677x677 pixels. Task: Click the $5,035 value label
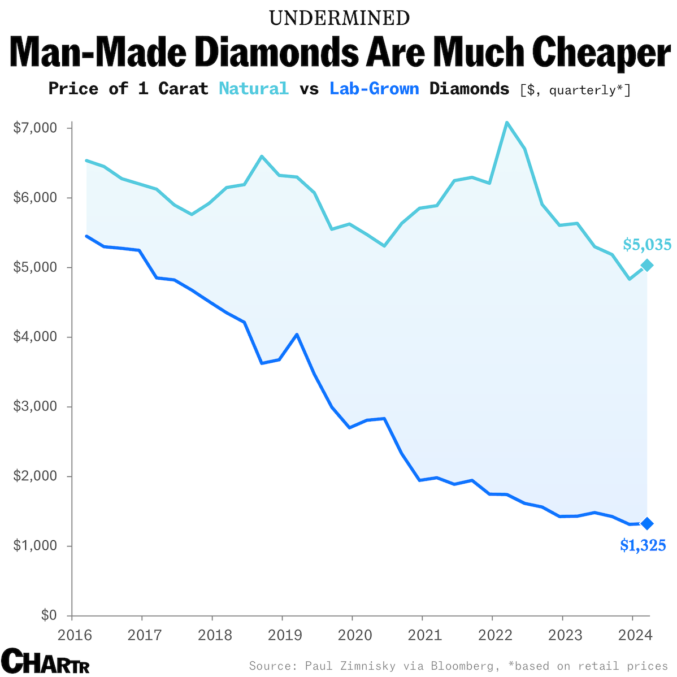pos(647,245)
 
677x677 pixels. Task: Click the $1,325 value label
pos(643,545)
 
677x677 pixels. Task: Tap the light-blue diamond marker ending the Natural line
pos(647,265)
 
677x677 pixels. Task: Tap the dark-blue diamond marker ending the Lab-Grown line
pos(647,523)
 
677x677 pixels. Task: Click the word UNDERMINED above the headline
pos(339,18)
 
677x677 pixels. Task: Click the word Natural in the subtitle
pos(254,89)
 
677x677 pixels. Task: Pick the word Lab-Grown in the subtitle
pos(374,89)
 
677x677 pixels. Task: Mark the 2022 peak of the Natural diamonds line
pos(507,122)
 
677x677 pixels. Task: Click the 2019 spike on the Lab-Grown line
pos(297,335)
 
